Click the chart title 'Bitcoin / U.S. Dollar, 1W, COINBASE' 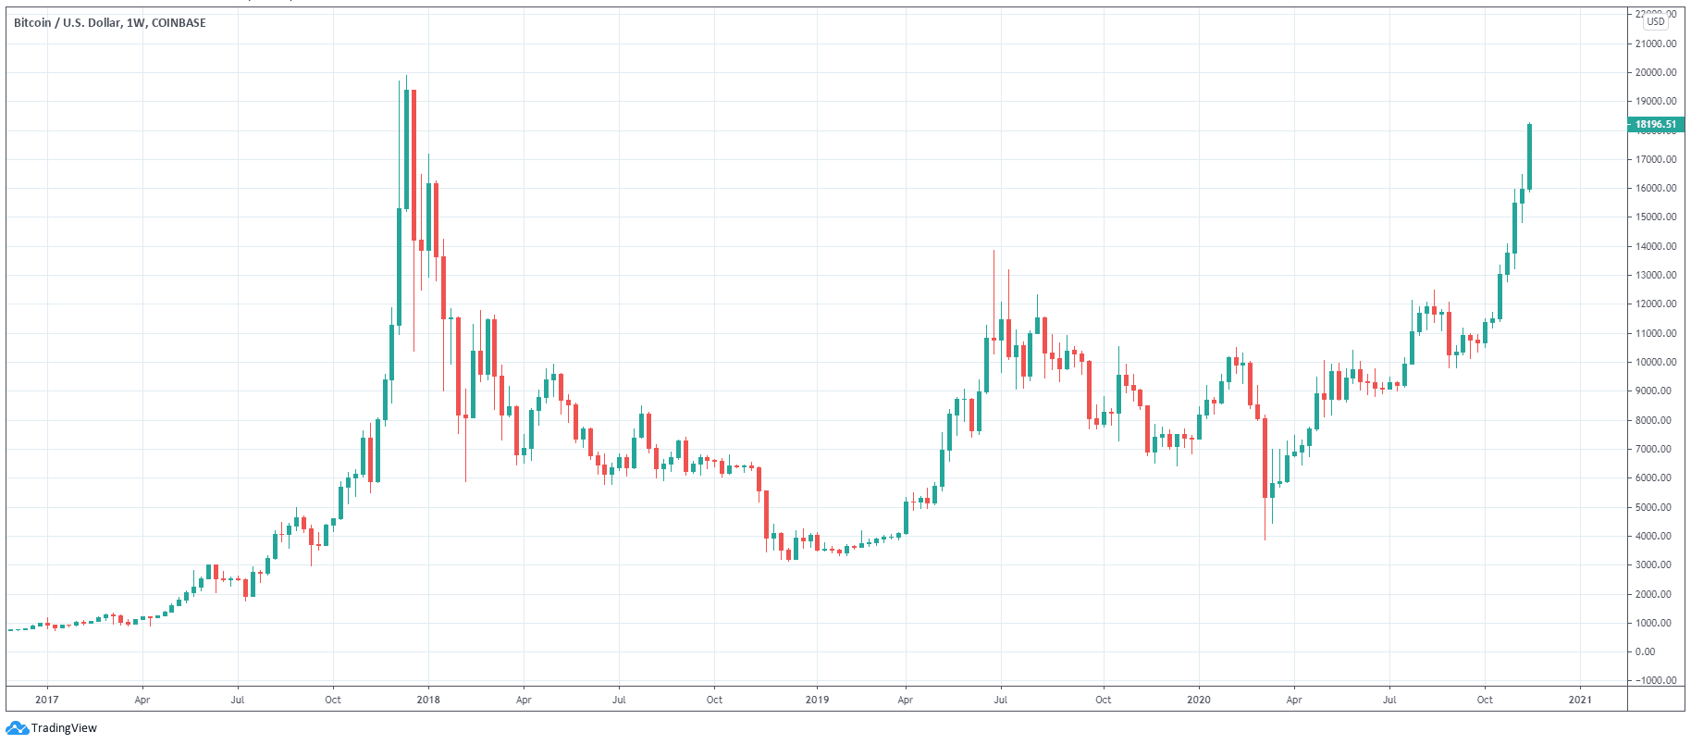click(110, 23)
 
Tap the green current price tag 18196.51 click(1655, 124)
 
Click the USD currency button click(1656, 21)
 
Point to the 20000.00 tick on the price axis click(1656, 72)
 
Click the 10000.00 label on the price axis click(1656, 362)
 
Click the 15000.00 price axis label click(1656, 217)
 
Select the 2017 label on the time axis click(47, 700)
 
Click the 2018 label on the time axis click(428, 700)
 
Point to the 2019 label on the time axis click(817, 700)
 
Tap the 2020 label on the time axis click(1199, 700)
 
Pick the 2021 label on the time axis click(1580, 700)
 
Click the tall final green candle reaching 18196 click(1529, 156)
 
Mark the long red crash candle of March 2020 click(1265, 458)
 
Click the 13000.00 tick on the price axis click(1656, 275)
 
